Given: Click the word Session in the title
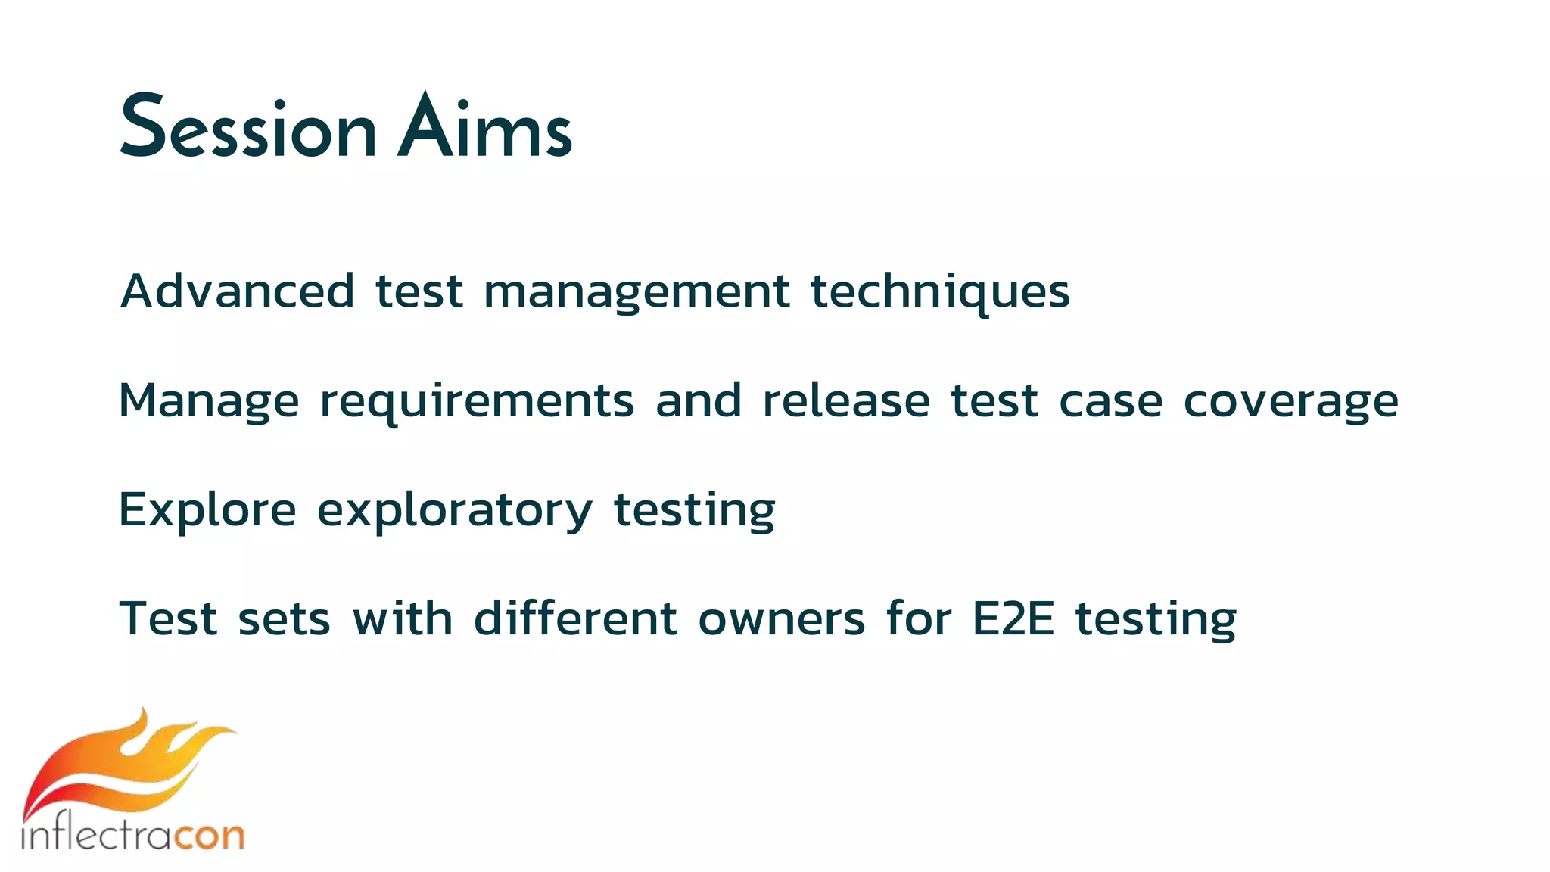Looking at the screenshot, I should [x=247, y=127].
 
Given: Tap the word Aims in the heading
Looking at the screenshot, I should [x=484, y=127].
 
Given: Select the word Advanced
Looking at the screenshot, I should [x=237, y=291].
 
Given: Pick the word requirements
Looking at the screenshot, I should [x=477, y=402].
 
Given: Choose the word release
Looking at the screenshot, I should [x=845, y=400].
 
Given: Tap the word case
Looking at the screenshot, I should [x=1110, y=402].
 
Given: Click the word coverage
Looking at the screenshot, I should [x=1290, y=402].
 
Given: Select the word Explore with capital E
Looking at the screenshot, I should [x=207, y=510].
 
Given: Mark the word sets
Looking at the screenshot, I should [x=284, y=619].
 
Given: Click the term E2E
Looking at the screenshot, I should [x=1013, y=618].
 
